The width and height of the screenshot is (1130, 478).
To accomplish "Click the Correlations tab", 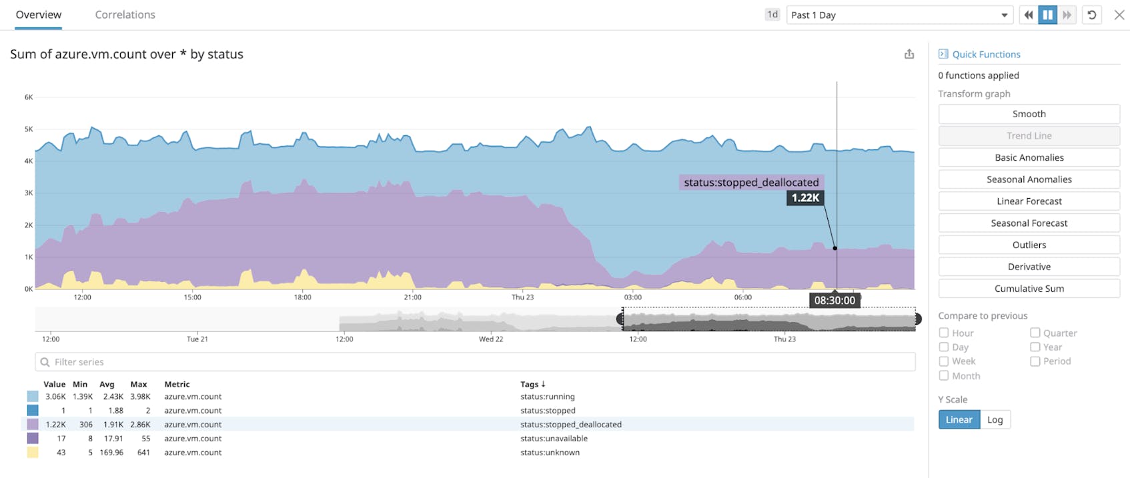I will (125, 15).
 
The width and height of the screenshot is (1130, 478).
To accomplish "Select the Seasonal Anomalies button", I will (1029, 179).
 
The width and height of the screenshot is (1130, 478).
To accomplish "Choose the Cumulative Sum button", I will (1029, 289).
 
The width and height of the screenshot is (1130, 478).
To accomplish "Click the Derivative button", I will (1029, 267).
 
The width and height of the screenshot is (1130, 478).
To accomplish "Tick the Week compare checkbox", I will (944, 361).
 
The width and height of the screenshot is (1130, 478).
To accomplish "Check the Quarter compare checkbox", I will (1035, 333).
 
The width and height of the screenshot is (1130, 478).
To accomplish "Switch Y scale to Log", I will (995, 419).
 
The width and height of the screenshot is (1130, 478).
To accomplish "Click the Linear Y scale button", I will (959, 419).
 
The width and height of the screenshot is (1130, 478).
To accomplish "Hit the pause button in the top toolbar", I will (1047, 15).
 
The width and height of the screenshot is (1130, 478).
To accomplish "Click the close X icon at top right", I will (1119, 15).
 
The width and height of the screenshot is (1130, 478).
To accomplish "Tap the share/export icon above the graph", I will (909, 55).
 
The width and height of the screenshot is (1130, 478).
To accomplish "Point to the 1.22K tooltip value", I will (805, 198).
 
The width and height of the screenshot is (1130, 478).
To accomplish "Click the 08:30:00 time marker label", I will (834, 301).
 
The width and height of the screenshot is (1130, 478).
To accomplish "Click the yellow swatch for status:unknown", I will (33, 453).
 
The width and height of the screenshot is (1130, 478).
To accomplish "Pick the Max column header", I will (139, 385).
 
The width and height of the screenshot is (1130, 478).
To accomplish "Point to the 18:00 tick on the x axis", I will (302, 297).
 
